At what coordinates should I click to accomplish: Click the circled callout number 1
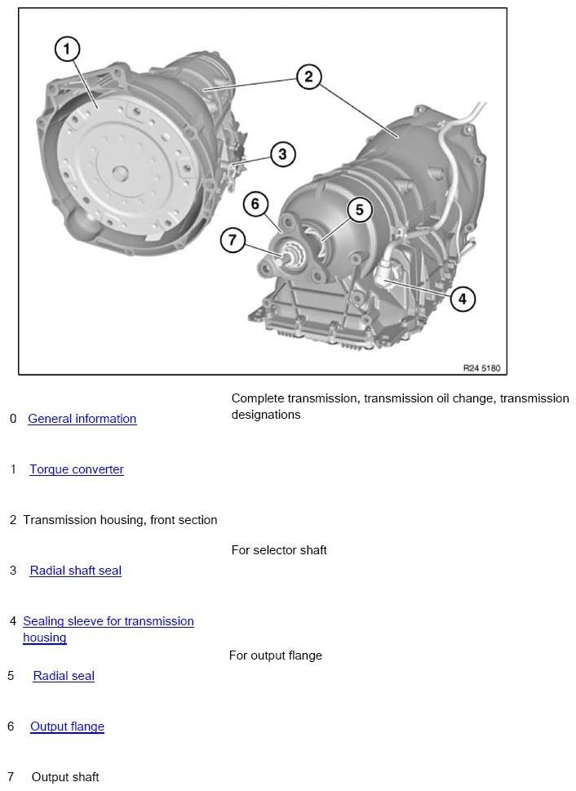[67, 50]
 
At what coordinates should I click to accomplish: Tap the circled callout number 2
[308, 78]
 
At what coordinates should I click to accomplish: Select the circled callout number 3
[282, 153]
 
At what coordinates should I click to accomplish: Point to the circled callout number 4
[462, 298]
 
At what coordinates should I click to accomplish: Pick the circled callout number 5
[359, 210]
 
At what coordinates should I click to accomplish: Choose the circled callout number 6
[255, 203]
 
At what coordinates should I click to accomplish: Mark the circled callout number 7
[233, 240]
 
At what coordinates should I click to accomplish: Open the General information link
[82, 419]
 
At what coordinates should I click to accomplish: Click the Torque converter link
[77, 469]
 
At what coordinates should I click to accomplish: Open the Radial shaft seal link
[75, 571]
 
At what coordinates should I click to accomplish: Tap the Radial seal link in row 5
[64, 676]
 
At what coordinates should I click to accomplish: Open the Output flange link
[67, 727]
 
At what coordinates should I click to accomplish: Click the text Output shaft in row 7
[65, 777]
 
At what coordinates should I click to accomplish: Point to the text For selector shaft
[279, 550]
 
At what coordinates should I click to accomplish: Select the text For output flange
[276, 655]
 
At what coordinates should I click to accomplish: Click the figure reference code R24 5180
[481, 368]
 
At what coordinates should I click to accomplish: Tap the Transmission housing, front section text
[120, 520]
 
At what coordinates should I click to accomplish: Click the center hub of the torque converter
[119, 172]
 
